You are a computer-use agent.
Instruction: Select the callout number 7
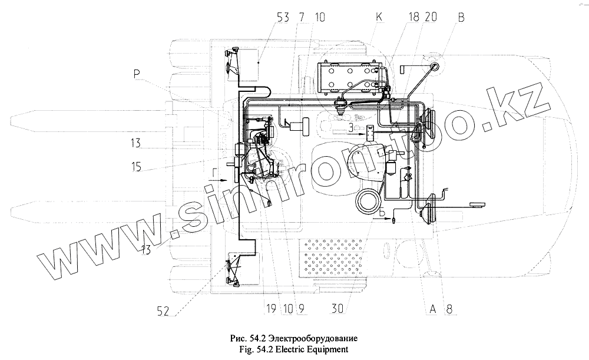tap(302, 17)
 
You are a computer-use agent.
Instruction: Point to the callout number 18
tap(413, 17)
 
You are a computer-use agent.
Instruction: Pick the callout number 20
tap(430, 17)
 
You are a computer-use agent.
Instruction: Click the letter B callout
tap(461, 17)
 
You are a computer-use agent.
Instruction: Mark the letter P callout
tap(137, 74)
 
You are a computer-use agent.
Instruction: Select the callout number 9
tap(301, 307)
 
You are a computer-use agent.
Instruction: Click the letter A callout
tap(432, 307)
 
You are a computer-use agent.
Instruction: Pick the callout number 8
tap(450, 307)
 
